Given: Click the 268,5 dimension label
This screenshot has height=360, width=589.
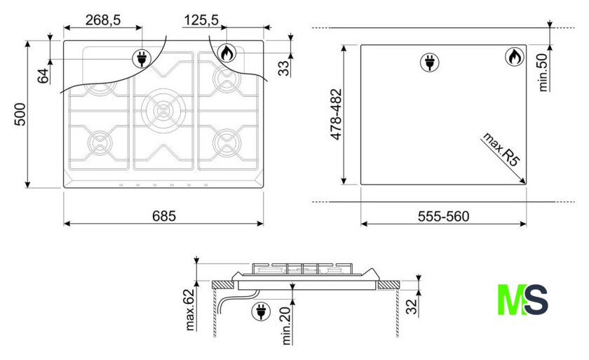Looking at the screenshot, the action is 103,20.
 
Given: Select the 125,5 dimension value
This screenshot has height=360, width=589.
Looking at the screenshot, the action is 201,20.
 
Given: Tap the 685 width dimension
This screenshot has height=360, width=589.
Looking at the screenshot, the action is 164,216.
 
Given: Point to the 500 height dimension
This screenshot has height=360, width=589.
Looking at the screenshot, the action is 20,114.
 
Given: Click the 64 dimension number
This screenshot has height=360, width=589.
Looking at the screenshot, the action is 43,76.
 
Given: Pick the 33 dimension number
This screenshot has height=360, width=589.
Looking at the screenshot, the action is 283,68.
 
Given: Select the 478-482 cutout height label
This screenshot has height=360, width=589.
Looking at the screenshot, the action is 336,114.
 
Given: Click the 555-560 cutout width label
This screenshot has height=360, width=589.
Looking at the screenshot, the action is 444,216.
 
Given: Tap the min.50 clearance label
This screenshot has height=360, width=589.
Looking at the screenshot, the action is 543,72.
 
